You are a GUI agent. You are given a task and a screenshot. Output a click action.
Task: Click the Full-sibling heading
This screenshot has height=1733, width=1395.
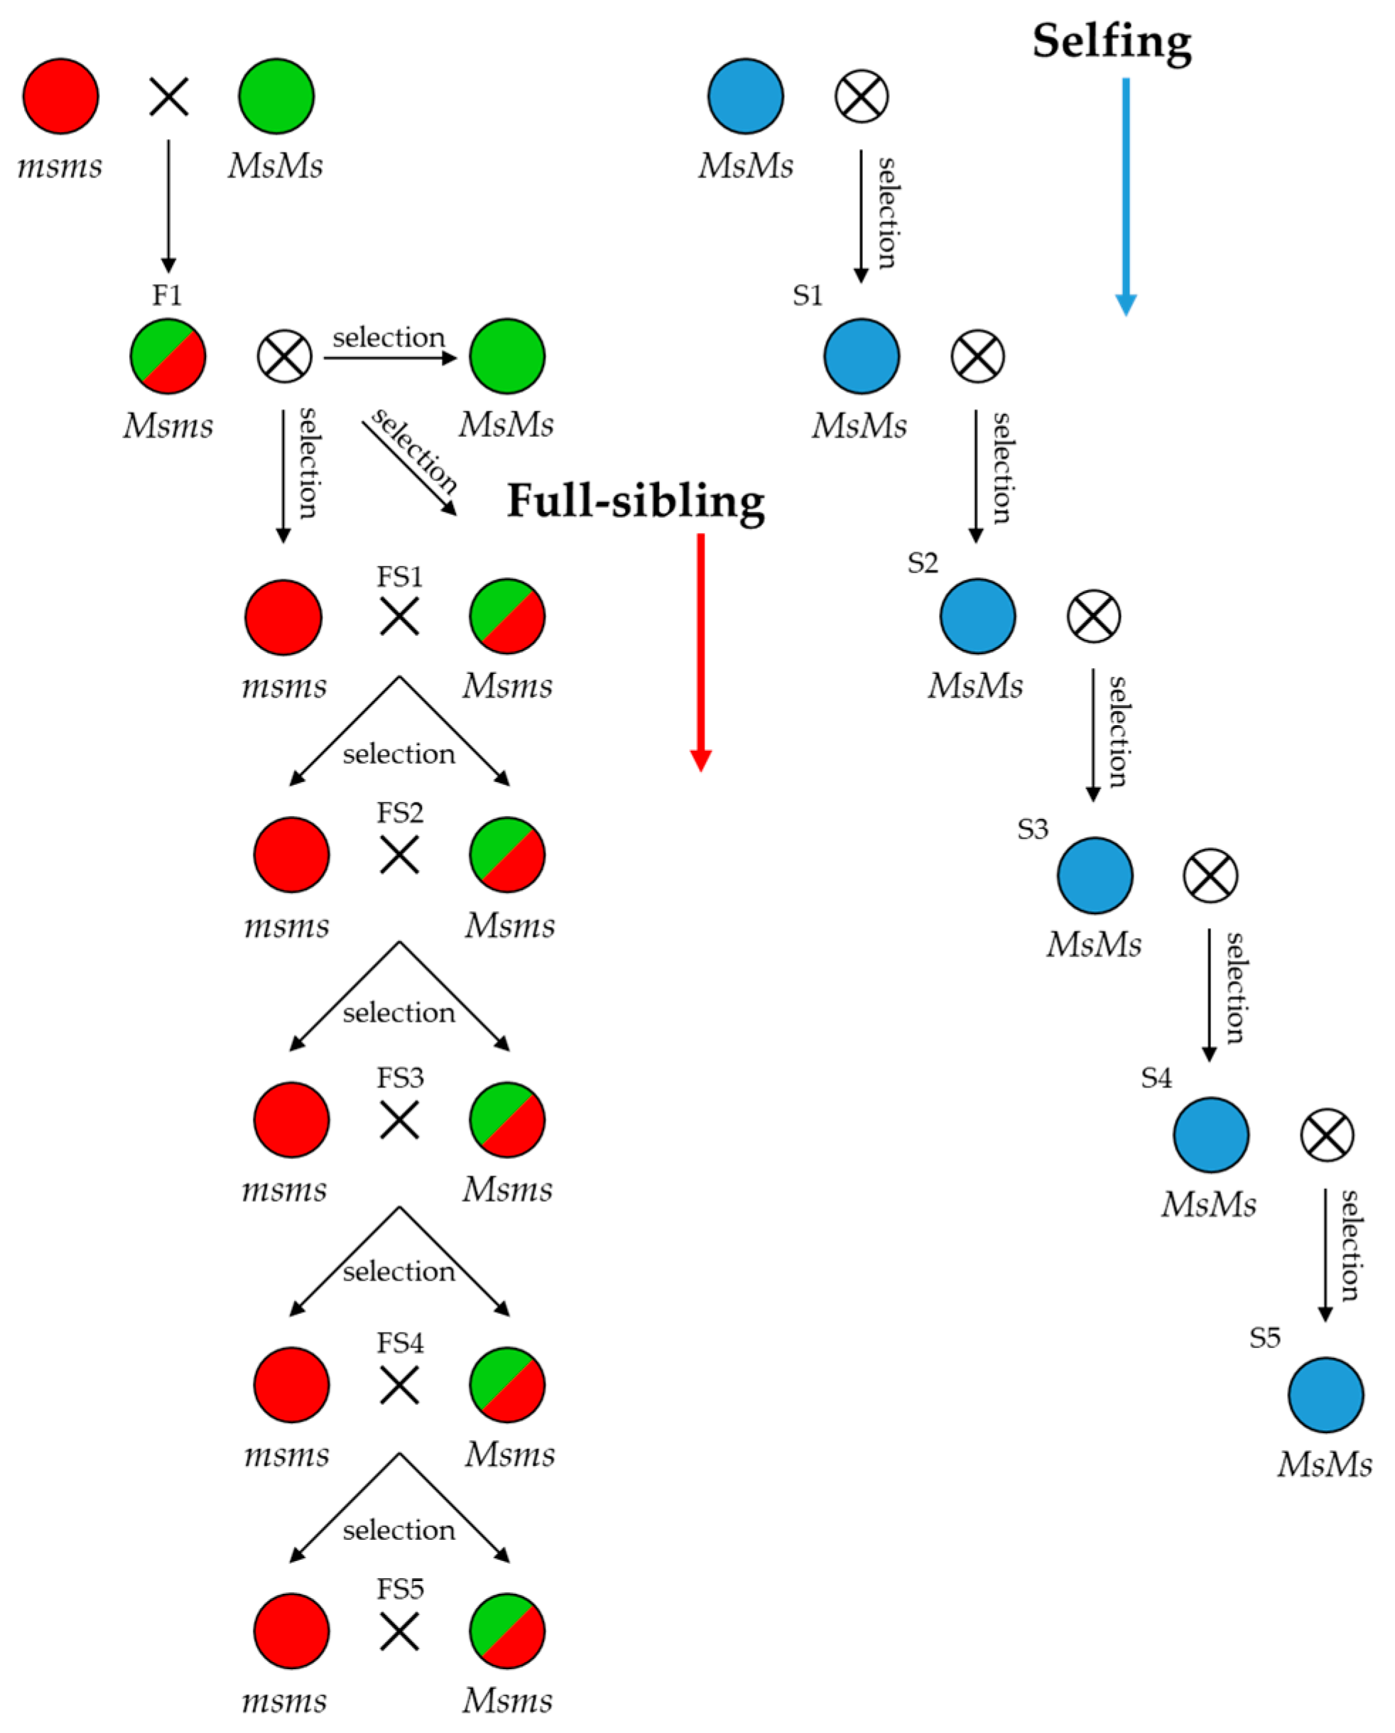(x=635, y=501)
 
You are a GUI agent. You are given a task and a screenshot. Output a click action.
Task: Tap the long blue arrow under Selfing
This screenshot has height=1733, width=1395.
(x=1126, y=193)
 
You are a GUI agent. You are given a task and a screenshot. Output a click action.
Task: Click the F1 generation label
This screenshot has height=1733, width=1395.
(x=167, y=295)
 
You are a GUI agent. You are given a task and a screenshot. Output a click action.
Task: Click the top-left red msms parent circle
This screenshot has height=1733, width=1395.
(x=60, y=97)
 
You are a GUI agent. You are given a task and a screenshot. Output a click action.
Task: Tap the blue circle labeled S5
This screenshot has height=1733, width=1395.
(x=1325, y=1395)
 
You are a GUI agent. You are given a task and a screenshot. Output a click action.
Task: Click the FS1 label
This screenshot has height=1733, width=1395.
(x=400, y=576)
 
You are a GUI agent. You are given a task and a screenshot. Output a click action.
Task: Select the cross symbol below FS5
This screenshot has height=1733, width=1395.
(x=398, y=1633)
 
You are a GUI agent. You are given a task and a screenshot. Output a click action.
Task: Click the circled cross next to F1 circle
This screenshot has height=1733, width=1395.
(x=285, y=356)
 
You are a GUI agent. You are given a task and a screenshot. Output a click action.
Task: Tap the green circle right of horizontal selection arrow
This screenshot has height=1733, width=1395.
(x=507, y=356)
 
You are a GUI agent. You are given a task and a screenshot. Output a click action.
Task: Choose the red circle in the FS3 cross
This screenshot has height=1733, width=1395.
(x=291, y=1119)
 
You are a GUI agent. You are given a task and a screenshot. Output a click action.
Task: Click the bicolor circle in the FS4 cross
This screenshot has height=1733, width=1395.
(x=507, y=1385)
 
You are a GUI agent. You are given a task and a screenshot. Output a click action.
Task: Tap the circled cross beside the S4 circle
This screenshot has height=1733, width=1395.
(x=1327, y=1135)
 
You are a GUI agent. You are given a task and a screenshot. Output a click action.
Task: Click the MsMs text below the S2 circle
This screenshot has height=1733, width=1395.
(x=975, y=685)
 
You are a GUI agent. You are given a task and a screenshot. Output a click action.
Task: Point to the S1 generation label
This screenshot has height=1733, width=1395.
(x=808, y=295)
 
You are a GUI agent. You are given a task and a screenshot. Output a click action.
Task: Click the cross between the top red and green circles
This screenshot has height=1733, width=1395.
(x=169, y=97)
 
